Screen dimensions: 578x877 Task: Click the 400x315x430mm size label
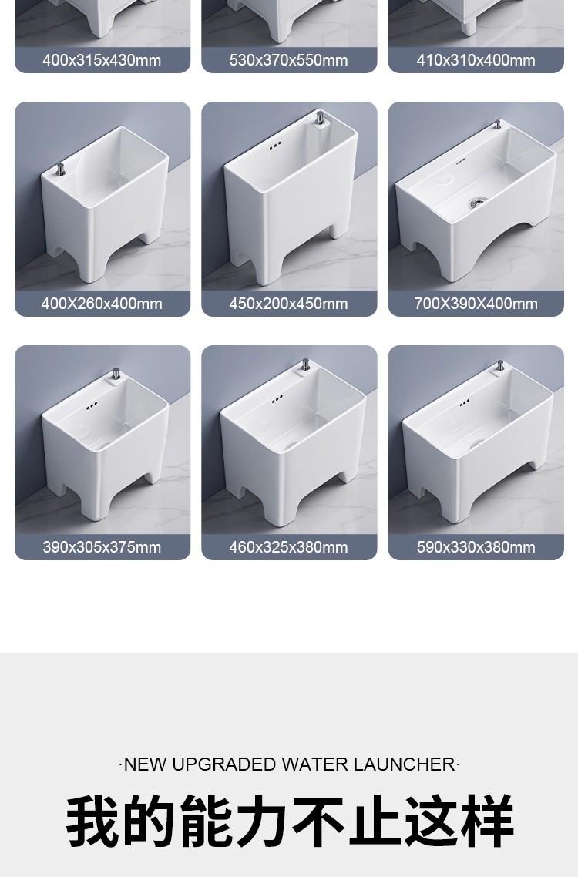(102, 60)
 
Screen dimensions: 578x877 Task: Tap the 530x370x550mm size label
(289, 60)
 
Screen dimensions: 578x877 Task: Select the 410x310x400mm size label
(476, 60)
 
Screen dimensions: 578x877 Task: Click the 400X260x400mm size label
(102, 304)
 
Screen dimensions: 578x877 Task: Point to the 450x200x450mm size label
(289, 304)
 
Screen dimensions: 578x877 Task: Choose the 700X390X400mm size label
(476, 304)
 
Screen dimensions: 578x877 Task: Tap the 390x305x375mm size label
(102, 547)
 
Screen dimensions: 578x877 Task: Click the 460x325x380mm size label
(289, 547)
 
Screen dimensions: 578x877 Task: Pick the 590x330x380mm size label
(476, 547)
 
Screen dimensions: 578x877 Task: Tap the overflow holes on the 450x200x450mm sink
(274, 145)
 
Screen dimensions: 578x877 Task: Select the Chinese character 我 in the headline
(93, 821)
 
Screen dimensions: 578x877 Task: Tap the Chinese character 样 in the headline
(486, 821)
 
